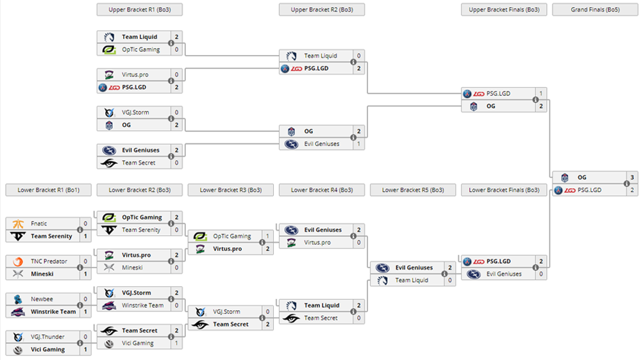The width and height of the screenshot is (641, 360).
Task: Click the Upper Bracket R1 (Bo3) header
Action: (x=139, y=10)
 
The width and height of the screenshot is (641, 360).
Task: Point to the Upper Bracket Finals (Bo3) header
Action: (x=503, y=10)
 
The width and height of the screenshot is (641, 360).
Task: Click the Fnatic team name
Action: (x=39, y=224)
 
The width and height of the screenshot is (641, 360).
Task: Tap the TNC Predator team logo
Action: (x=18, y=261)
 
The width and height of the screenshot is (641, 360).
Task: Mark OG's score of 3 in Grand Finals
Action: (x=631, y=177)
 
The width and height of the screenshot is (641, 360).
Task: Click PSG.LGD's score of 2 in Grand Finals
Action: (x=631, y=190)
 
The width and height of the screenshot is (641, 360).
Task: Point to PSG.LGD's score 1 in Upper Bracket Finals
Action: (x=541, y=94)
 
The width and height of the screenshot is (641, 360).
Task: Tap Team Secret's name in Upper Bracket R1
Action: (x=138, y=163)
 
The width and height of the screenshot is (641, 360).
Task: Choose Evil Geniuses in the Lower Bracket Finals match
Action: (x=504, y=274)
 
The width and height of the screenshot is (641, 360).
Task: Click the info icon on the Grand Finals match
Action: (x=626, y=184)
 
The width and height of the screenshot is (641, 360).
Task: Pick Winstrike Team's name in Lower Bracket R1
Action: (x=53, y=312)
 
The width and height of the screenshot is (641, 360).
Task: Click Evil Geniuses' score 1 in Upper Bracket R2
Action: (x=359, y=144)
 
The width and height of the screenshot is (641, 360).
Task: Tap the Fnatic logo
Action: (x=18, y=224)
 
